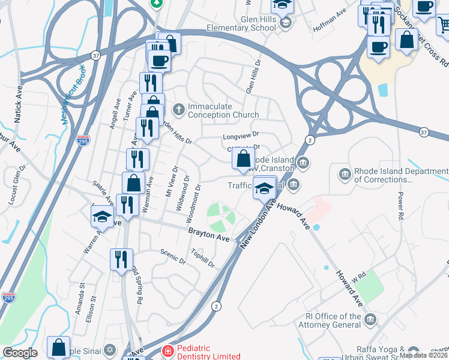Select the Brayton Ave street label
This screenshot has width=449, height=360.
(x=209, y=234)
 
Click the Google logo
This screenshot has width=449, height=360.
(x=20, y=353)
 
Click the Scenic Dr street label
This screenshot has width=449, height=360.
(x=173, y=257)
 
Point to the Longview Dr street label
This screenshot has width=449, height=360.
(x=240, y=136)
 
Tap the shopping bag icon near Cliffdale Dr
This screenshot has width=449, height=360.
(x=243, y=159)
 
